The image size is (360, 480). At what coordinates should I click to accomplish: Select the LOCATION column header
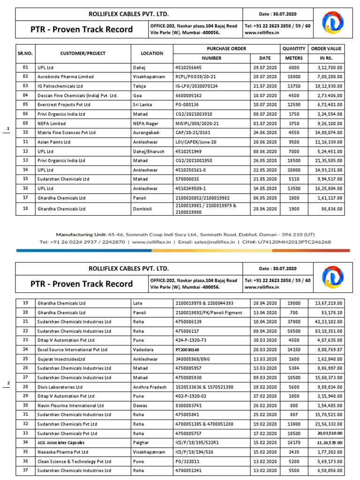pos(152,53)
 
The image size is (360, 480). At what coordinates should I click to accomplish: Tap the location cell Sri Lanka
pos(143,105)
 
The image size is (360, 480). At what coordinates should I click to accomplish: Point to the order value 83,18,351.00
pos(327,330)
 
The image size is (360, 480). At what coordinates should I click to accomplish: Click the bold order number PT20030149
pos(188,349)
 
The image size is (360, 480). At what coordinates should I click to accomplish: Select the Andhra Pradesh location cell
pos(150,387)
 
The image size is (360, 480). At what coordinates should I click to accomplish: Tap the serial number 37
pos(25,470)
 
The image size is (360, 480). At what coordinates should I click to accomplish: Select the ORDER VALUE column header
pos(326,49)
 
